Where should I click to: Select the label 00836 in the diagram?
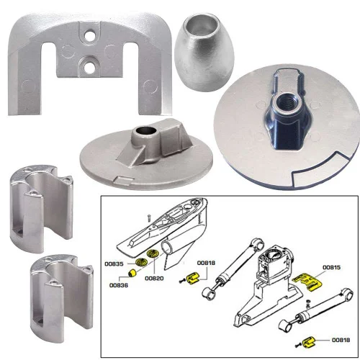coord(120,285)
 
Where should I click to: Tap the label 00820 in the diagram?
coord(154,277)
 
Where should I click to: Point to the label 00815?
coord(331,267)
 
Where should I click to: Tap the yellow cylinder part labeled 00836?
coord(134,274)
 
